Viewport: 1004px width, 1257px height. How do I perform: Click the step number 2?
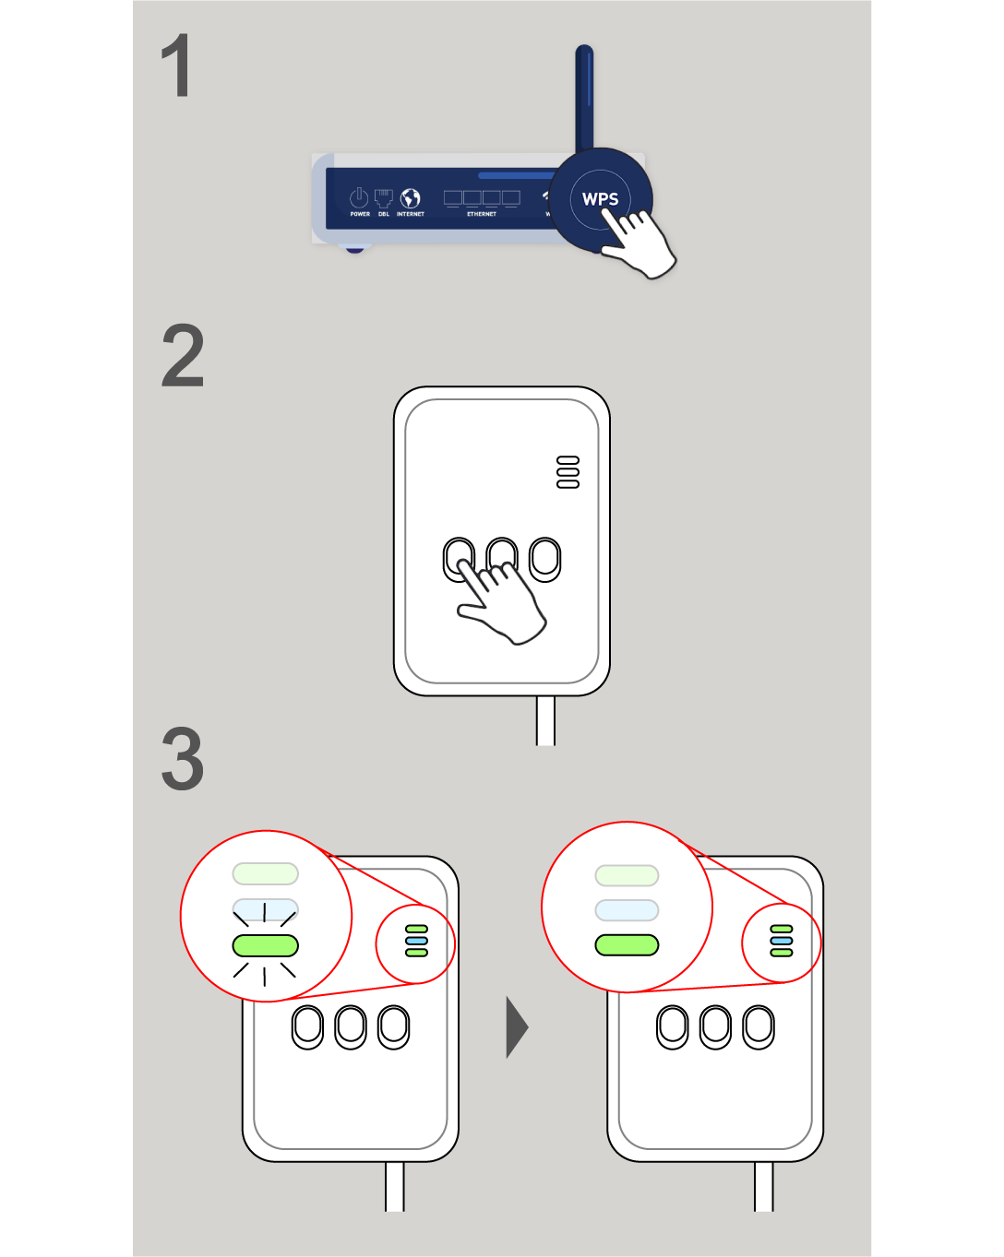point(183,356)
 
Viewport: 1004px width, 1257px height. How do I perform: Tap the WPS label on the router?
point(600,199)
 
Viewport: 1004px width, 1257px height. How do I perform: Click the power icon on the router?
point(359,197)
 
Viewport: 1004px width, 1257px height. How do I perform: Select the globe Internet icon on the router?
point(411,198)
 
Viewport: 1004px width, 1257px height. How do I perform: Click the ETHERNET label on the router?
point(482,214)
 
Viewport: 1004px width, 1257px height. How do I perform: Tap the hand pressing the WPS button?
point(641,243)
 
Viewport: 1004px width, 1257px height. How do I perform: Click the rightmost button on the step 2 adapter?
point(545,559)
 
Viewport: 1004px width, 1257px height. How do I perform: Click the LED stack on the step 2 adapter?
point(568,472)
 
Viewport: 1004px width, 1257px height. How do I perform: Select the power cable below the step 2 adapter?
point(545,720)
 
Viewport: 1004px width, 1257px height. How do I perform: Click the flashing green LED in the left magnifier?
point(266,945)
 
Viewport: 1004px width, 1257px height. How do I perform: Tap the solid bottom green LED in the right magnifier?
point(627,945)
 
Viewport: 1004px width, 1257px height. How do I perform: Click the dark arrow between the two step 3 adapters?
point(517,1026)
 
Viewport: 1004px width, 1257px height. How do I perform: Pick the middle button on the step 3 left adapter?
point(351,1026)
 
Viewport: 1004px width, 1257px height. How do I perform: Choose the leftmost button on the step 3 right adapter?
point(673,1026)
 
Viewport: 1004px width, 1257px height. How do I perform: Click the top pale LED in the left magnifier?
point(266,873)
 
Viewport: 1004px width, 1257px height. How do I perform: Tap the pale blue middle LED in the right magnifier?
point(627,910)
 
